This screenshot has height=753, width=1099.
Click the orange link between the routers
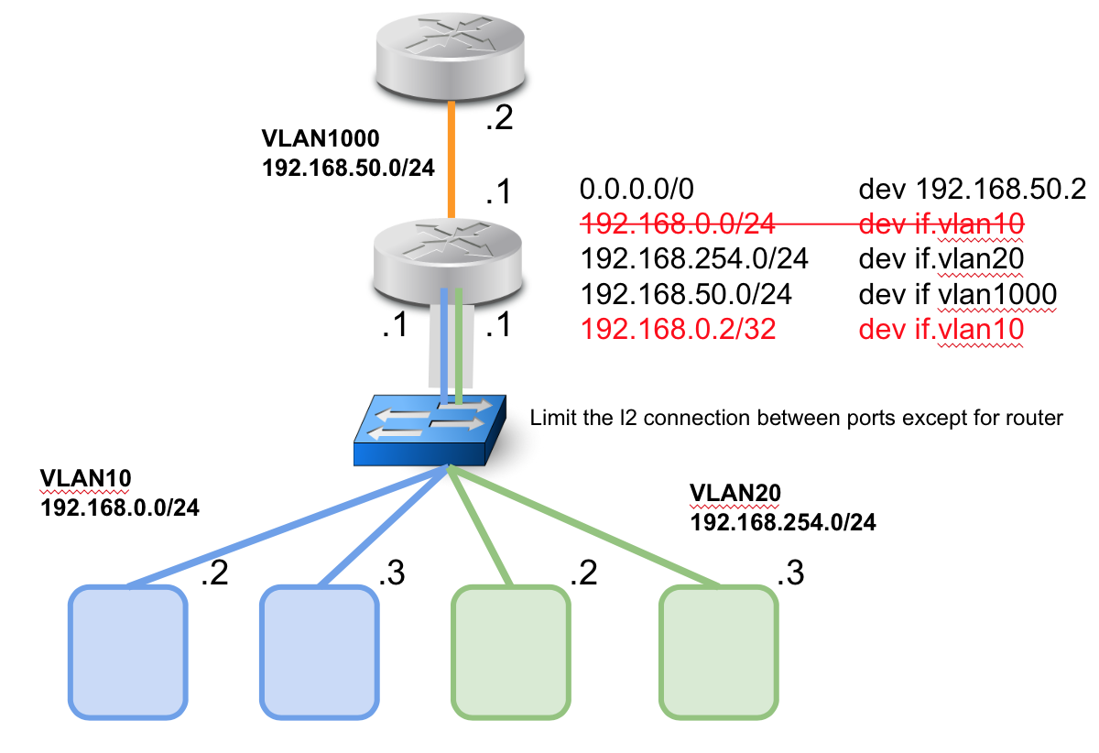point(451,161)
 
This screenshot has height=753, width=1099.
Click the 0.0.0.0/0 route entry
point(637,190)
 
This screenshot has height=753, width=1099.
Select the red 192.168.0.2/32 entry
point(678,329)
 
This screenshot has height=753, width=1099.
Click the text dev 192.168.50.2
point(972,190)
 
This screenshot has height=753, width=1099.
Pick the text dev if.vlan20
point(940,259)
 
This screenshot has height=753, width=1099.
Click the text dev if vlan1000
point(958,294)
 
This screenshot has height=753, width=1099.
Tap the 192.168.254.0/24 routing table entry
point(694,259)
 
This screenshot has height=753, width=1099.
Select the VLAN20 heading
point(734,493)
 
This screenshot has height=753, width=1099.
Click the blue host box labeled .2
point(129,651)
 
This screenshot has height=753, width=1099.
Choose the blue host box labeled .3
point(320,651)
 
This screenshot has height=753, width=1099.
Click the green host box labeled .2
point(510,651)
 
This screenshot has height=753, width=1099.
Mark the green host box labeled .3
point(719,651)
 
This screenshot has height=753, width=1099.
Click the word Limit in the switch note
point(549,419)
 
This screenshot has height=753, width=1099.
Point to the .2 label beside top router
point(498,120)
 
